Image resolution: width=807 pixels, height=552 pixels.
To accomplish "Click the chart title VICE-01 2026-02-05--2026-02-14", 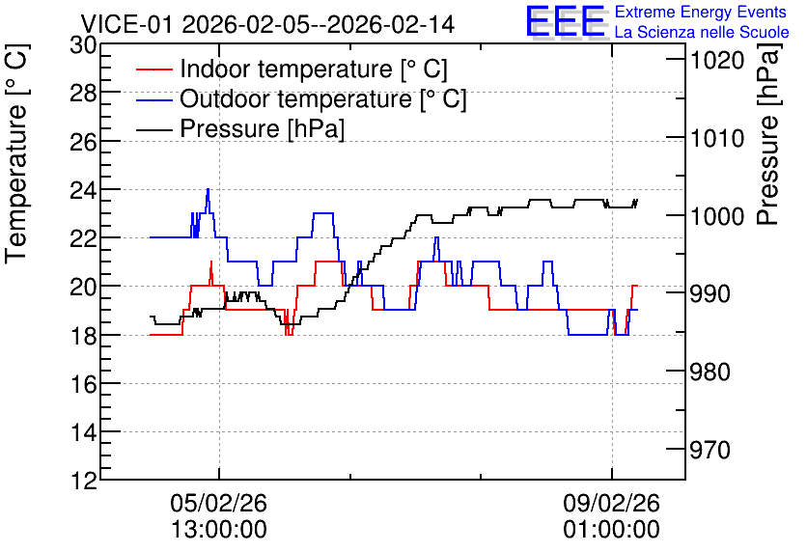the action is pos(267,24).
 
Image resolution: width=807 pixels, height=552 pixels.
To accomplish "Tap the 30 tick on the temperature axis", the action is pos(83,45).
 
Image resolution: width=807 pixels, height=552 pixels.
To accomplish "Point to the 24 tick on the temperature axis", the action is pos(83,190).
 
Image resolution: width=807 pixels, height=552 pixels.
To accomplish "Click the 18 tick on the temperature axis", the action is pos(83,336).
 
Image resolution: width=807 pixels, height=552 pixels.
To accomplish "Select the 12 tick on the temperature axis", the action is pos(83,482).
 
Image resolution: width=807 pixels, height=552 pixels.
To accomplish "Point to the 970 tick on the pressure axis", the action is pos(710,450).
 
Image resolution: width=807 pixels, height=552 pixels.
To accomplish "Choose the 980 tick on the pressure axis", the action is pos(710,372).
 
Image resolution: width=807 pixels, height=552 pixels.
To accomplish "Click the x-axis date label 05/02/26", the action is pos(219,503).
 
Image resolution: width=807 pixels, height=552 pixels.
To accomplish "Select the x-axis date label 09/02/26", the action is pos(611,503).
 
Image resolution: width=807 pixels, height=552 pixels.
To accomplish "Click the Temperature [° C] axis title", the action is pos(17,153).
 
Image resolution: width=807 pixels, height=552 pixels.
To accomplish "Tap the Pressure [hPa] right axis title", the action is pos(768,135).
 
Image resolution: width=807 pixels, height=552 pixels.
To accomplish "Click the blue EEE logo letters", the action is pos(566,21).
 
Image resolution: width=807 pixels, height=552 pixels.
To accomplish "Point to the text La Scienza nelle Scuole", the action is pos(702,33).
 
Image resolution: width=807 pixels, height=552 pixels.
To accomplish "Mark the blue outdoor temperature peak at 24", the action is pos(208,189).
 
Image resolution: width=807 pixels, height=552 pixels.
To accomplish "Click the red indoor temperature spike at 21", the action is pos(211,262).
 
